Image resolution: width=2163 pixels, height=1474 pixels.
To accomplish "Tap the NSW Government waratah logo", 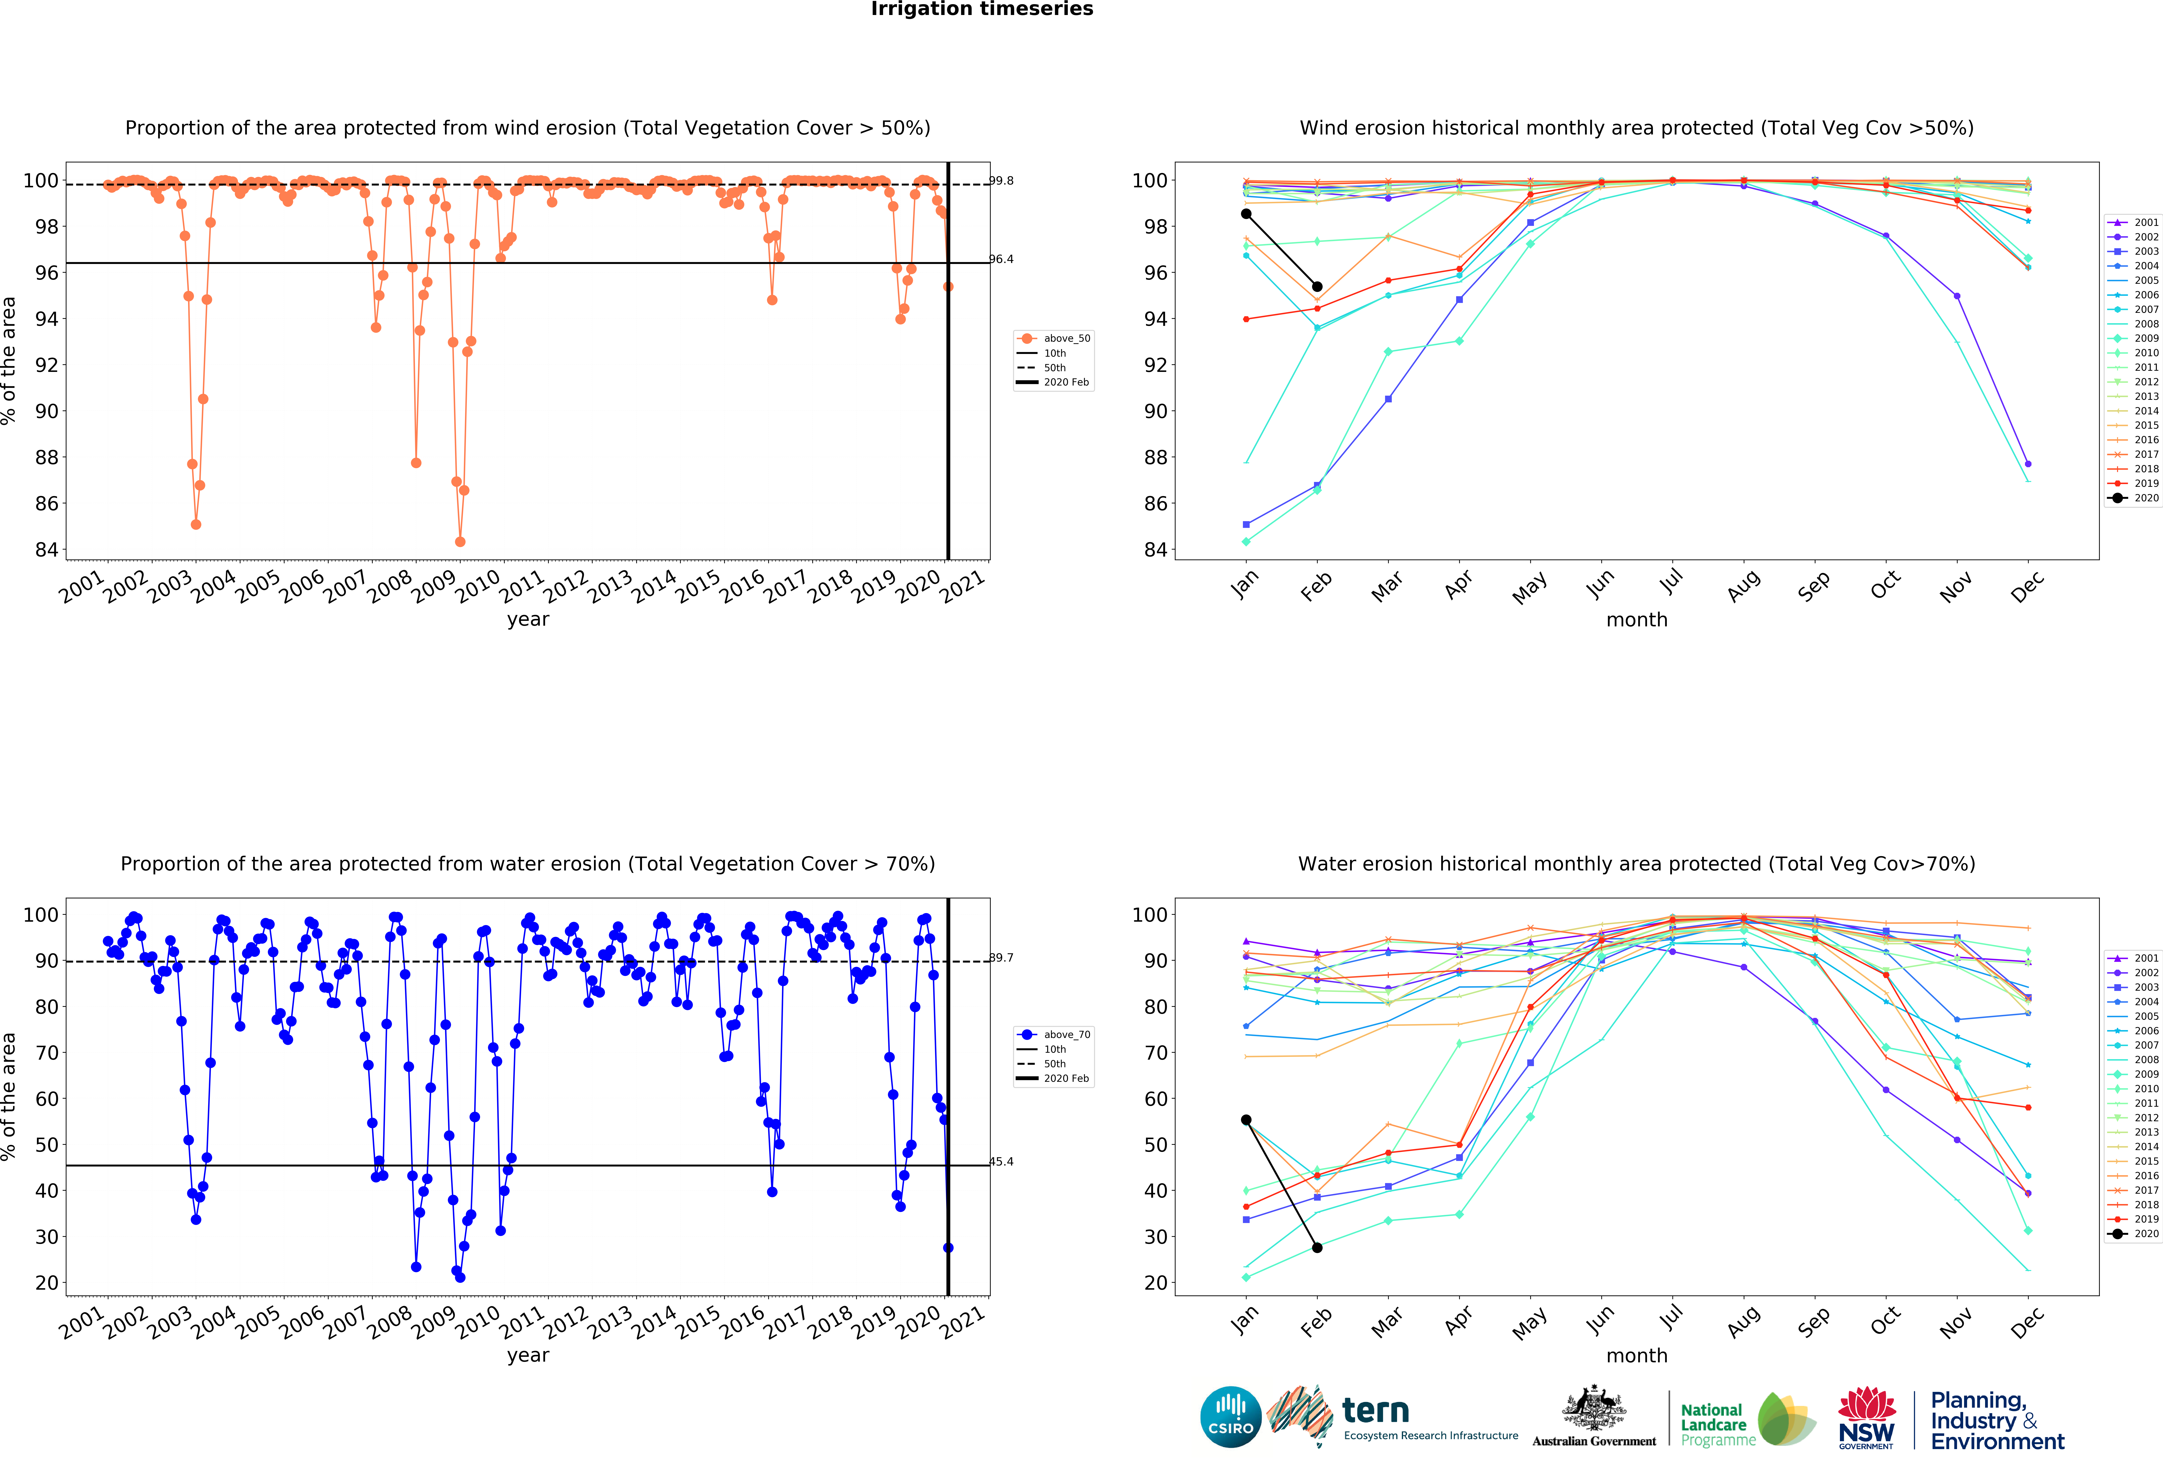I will [1866, 1416].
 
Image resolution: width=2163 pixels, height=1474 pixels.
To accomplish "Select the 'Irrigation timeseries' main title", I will [982, 9].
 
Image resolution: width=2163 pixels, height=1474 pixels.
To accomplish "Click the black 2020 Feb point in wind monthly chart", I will [1317, 287].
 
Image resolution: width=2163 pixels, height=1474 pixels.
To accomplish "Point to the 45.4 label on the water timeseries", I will [1002, 1161].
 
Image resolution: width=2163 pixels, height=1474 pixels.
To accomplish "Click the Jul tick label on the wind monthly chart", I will [1672, 582].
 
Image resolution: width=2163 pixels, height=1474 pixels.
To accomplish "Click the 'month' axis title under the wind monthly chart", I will [1636, 620].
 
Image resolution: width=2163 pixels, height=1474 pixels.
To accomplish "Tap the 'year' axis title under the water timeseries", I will [528, 1355].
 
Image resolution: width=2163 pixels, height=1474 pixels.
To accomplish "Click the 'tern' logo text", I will [1376, 1411].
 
